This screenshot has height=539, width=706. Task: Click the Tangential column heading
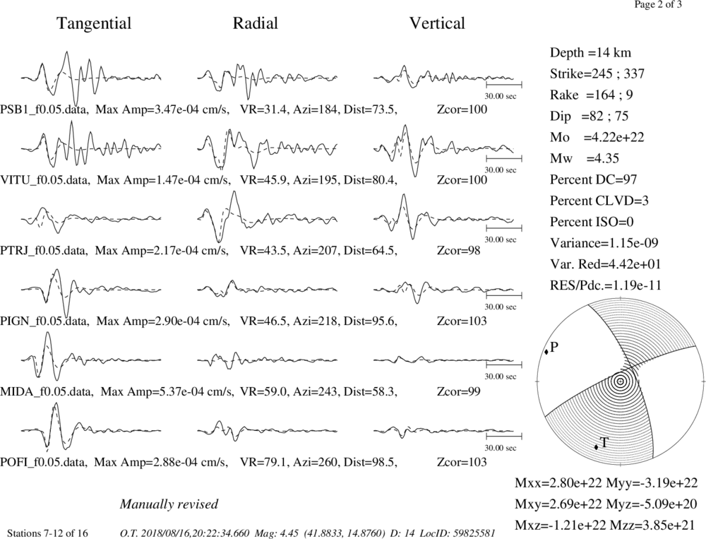tap(94, 23)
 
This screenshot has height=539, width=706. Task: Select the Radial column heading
tap(255, 23)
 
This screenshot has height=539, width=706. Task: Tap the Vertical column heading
tap(437, 23)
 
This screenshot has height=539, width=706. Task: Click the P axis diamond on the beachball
tap(546, 352)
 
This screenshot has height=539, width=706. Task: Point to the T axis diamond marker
tap(596, 446)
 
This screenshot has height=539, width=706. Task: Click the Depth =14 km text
tap(590, 53)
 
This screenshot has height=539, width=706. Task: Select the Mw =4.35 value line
tap(585, 158)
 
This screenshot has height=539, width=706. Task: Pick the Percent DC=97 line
tap(594, 179)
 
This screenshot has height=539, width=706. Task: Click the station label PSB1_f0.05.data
tap(44, 109)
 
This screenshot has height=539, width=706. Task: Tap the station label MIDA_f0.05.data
tap(47, 391)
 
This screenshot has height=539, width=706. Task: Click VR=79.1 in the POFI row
tap(263, 462)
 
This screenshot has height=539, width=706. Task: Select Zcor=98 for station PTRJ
tap(458, 250)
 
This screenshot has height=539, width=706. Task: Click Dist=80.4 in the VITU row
tap(371, 180)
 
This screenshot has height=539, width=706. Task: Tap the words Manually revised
tap(169, 504)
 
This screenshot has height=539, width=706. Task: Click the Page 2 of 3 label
tap(658, 5)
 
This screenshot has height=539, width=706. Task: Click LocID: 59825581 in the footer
tap(458, 533)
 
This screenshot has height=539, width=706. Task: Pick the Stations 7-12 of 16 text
tap(47, 533)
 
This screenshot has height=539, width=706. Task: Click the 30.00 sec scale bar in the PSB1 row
tap(504, 84)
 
